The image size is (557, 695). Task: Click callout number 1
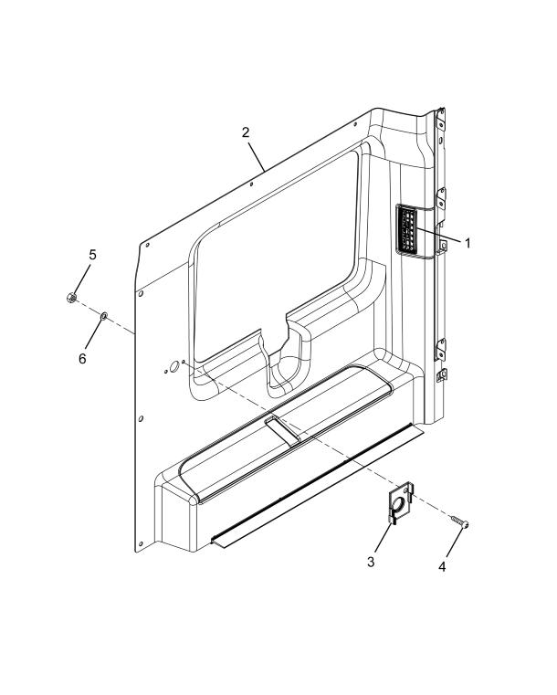click(x=467, y=243)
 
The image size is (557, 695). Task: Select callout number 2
click(x=246, y=132)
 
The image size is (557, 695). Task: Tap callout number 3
click(x=371, y=562)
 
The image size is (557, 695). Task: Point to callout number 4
click(x=442, y=566)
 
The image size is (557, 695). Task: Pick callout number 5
click(x=92, y=255)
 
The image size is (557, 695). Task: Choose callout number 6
click(x=82, y=359)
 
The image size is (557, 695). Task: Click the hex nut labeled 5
click(x=71, y=298)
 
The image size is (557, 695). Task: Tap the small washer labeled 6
click(x=104, y=316)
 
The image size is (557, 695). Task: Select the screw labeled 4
click(x=460, y=521)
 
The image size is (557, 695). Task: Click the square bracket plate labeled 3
click(x=401, y=503)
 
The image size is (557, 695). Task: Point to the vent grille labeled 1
click(x=408, y=230)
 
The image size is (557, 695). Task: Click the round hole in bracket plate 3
click(x=398, y=503)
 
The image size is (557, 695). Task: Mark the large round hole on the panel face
click(x=173, y=366)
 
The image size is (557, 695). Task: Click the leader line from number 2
click(x=257, y=157)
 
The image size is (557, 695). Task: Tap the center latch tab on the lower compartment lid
click(x=283, y=429)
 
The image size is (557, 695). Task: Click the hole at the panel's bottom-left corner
click(x=141, y=543)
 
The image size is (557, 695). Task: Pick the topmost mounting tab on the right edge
click(x=440, y=119)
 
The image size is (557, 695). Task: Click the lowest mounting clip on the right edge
click(x=441, y=376)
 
